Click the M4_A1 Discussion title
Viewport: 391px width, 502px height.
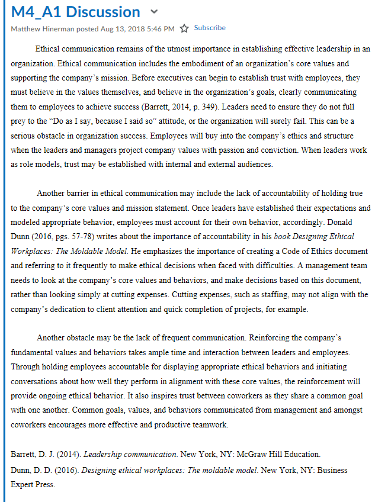pos(75,12)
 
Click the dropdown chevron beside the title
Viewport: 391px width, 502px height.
pos(155,12)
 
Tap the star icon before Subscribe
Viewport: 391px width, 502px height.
pos(184,28)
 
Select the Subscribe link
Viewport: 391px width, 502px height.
pos(210,28)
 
